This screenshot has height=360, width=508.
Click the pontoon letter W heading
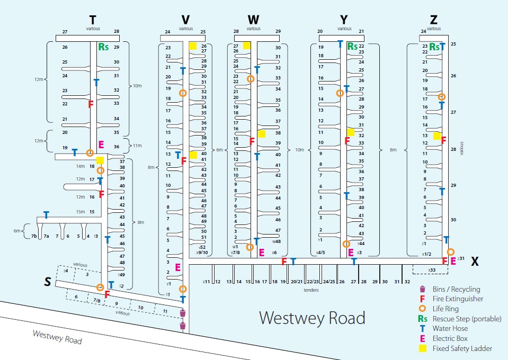pyautogui.click(x=253, y=20)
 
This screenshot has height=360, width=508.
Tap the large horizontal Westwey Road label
pyautogui.click(x=312, y=318)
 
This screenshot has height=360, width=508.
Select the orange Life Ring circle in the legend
pyautogui.click(x=422, y=309)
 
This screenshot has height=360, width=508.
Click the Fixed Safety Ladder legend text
pyautogui.click(x=462, y=348)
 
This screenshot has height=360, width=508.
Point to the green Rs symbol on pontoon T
pyautogui.click(x=103, y=47)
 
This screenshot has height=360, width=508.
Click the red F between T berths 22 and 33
pyautogui.click(x=91, y=104)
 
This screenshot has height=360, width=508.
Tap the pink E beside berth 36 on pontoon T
pyautogui.click(x=101, y=144)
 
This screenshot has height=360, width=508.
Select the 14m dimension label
pyautogui.click(x=79, y=166)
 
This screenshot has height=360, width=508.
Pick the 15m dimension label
pyautogui.click(x=80, y=212)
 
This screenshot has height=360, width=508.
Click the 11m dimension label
pyautogui.click(x=137, y=145)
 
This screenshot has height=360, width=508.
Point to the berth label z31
pyautogui.click(x=461, y=258)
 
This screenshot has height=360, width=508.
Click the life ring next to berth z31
pyautogui.click(x=450, y=252)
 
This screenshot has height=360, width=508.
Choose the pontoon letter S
pyautogui.click(x=48, y=283)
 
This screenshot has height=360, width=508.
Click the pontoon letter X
pyautogui.click(x=475, y=261)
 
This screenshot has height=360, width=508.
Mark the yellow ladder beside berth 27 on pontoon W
pyautogui.click(x=246, y=46)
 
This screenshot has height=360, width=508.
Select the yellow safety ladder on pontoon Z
pyautogui.click(x=436, y=136)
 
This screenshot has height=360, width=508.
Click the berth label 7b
pyautogui.click(x=34, y=236)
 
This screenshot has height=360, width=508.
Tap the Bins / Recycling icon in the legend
pyautogui.click(x=422, y=289)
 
